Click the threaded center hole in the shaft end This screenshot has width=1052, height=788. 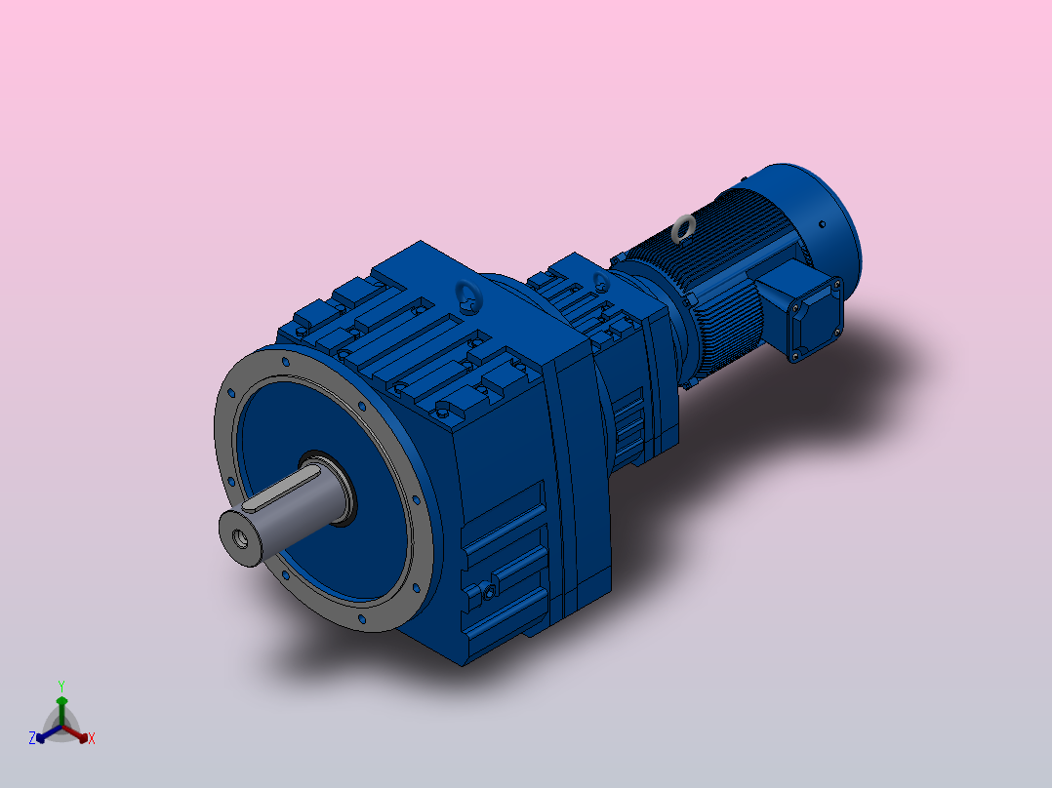click(238, 537)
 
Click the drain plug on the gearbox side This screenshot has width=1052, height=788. click(482, 591)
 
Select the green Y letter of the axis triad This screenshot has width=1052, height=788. click(61, 685)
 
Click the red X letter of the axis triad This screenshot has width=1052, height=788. click(92, 738)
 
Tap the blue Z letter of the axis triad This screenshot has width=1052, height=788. click(32, 738)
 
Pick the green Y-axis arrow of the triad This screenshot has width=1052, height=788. click(61, 706)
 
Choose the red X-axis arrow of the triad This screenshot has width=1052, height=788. click(77, 734)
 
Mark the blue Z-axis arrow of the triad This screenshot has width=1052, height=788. click(45, 735)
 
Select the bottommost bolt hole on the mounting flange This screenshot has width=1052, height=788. click(363, 617)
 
